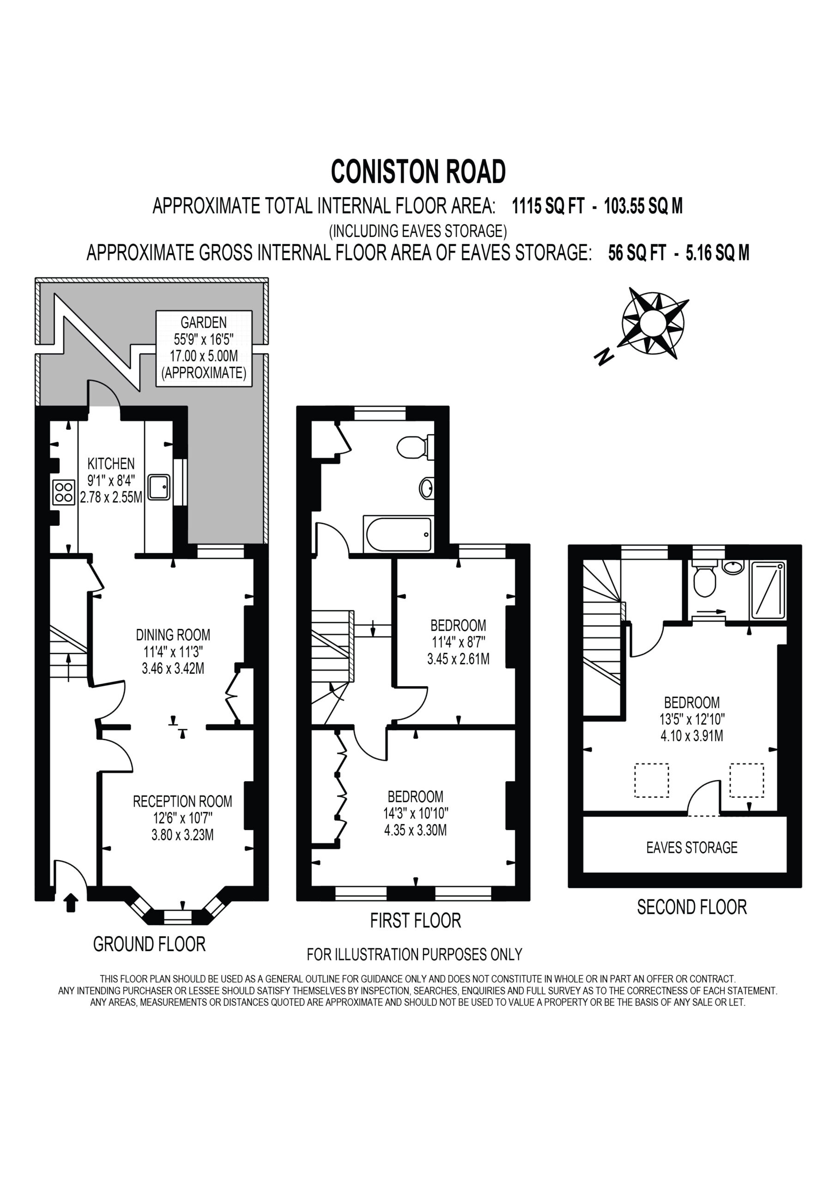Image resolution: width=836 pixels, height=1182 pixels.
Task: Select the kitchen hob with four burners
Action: click(64, 492)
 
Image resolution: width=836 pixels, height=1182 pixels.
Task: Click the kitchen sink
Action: click(160, 487)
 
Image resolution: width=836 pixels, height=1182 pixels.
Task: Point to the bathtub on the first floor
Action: click(398, 534)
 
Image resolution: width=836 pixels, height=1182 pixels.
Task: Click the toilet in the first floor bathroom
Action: click(415, 447)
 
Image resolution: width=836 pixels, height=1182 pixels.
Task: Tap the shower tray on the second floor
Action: click(768, 590)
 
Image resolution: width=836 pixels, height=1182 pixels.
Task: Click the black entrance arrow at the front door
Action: click(71, 903)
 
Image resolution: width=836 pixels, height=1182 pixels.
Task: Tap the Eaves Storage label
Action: click(692, 847)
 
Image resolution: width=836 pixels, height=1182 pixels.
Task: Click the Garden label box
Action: click(204, 348)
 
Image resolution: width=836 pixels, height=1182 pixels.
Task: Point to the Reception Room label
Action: click(182, 801)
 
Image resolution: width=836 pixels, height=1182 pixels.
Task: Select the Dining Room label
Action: click(173, 634)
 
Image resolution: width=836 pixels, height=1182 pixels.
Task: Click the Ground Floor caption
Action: click(149, 944)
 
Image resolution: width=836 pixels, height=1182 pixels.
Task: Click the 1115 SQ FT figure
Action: click(548, 206)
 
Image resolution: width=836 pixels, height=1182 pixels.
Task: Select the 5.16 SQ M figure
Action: click(717, 253)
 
